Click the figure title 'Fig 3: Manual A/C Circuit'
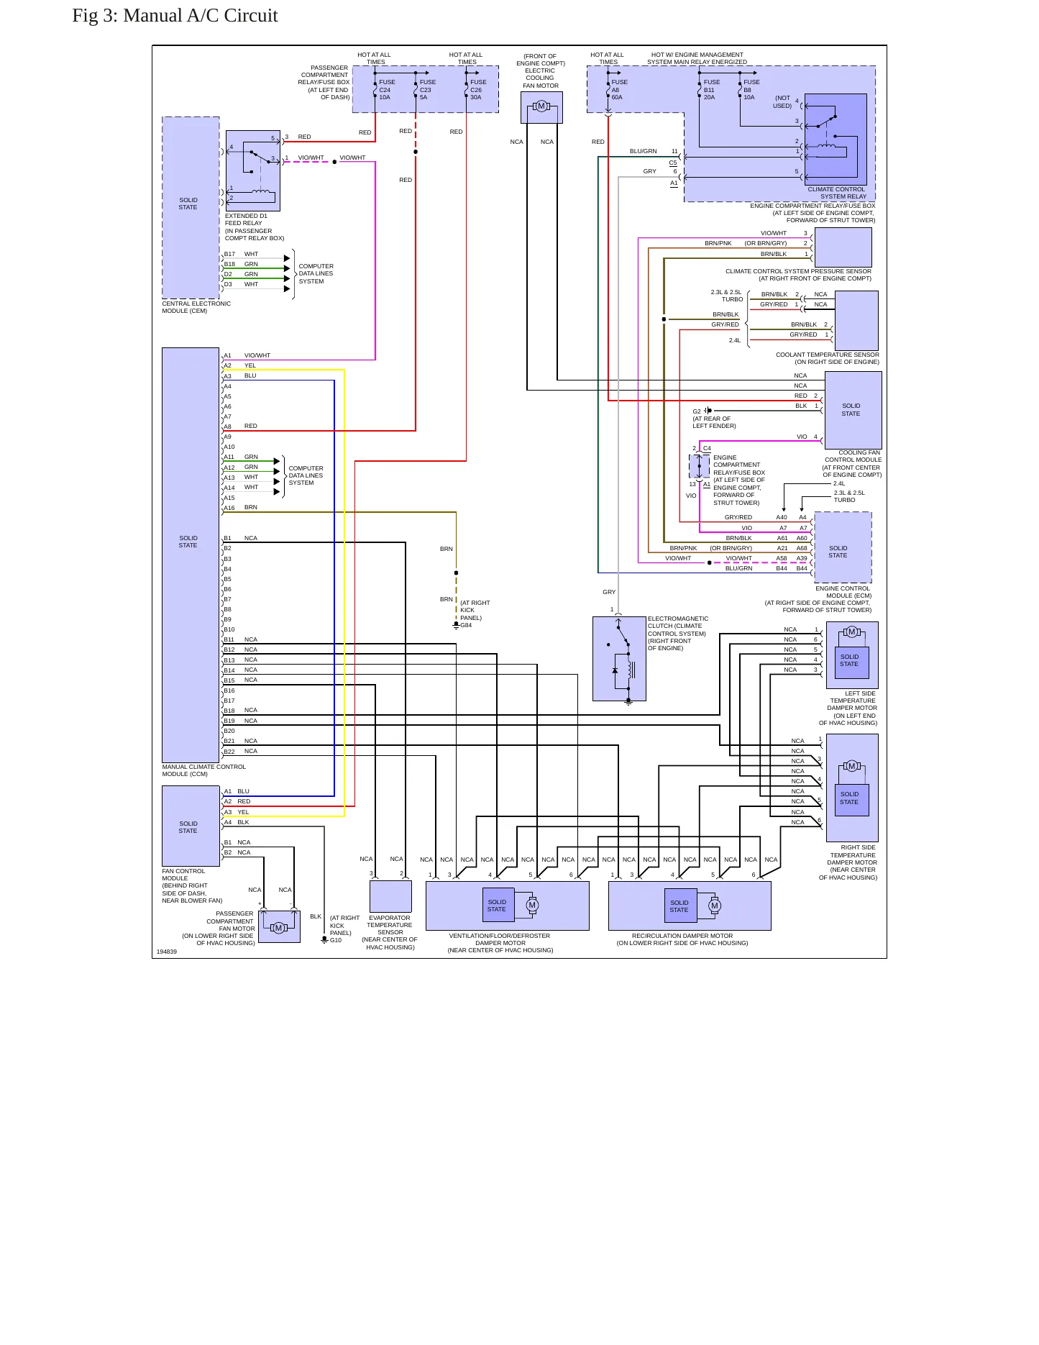[x=175, y=16]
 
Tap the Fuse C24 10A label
[x=387, y=90]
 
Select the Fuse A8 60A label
[x=619, y=90]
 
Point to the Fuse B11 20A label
[x=711, y=90]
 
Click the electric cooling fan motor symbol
[x=541, y=107]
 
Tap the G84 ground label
[x=466, y=626]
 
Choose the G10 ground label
[x=336, y=940]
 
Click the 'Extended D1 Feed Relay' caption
[x=255, y=227]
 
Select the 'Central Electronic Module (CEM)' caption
[x=196, y=307]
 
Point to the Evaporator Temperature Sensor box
[x=390, y=896]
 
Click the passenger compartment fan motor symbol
[x=279, y=927]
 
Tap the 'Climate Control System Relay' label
[x=837, y=193]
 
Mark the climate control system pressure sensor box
[x=843, y=247]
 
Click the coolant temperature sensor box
[x=856, y=320]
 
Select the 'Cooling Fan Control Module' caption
[x=853, y=464]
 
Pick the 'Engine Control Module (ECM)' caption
[x=819, y=599]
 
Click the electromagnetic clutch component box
[x=619, y=658]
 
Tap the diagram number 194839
[x=167, y=952]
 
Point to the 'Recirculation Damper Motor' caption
[x=682, y=939]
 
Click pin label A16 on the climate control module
[x=229, y=508]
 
